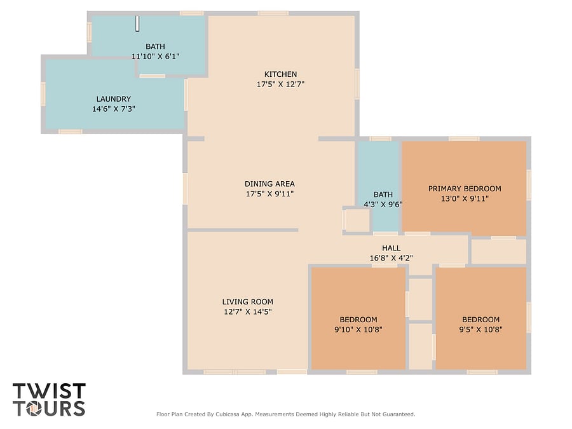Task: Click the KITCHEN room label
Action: pyautogui.click(x=280, y=74)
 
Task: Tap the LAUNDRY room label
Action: pyautogui.click(x=114, y=99)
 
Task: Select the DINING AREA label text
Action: pyautogui.click(x=269, y=184)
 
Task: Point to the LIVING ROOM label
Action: pyautogui.click(x=248, y=302)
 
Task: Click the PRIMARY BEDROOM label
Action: pyautogui.click(x=465, y=189)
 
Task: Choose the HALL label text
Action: pyautogui.click(x=391, y=248)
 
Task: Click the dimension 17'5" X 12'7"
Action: pyautogui.click(x=280, y=84)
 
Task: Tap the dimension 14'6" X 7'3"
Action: pyautogui.click(x=114, y=109)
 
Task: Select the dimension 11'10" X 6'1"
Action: pyautogui.click(x=155, y=56)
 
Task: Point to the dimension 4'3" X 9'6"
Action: pyautogui.click(x=383, y=204)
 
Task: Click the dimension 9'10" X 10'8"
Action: pyautogui.click(x=358, y=329)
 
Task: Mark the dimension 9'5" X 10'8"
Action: pyautogui.click(x=480, y=329)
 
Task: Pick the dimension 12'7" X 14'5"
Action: pyautogui.click(x=248, y=311)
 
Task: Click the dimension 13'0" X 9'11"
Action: pyautogui.click(x=465, y=198)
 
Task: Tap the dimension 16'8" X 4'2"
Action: pyautogui.click(x=391, y=258)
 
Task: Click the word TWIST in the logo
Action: pyautogui.click(x=49, y=391)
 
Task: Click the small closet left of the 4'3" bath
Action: pyautogui.click(x=357, y=220)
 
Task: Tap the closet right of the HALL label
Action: pyautogui.click(x=499, y=251)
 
